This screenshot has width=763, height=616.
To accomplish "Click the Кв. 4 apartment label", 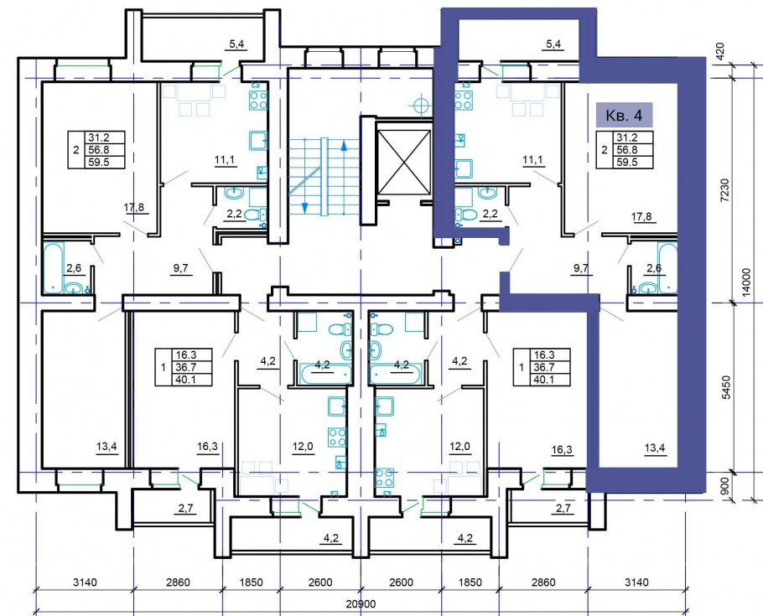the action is click(624, 116).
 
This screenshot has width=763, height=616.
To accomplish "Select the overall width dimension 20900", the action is click(361, 603).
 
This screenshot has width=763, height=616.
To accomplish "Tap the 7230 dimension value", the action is click(725, 190).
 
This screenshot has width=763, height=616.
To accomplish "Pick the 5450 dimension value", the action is click(725, 387).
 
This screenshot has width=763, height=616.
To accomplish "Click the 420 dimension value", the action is click(721, 50).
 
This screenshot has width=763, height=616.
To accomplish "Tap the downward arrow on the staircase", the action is click(305, 207).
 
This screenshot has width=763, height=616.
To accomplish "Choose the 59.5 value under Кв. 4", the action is click(627, 162).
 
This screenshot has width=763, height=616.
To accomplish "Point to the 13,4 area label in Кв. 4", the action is click(655, 448).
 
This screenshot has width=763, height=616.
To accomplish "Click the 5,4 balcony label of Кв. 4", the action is click(553, 44).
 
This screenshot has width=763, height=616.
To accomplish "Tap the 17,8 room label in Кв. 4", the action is click(641, 217).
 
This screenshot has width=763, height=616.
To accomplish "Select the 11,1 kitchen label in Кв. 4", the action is click(532, 160).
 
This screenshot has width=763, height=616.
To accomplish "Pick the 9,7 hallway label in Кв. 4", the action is click(581, 267).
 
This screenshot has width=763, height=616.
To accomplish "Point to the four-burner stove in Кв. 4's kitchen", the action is click(463, 99).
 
